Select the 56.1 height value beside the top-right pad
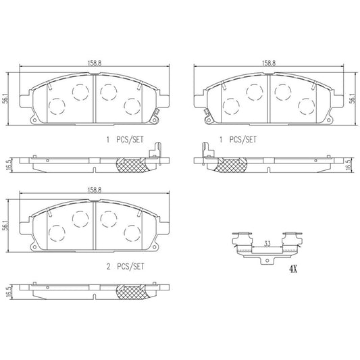pyautogui.click(x=352, y=98)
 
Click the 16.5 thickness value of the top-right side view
pyautogui.click(x=349, y=164)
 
